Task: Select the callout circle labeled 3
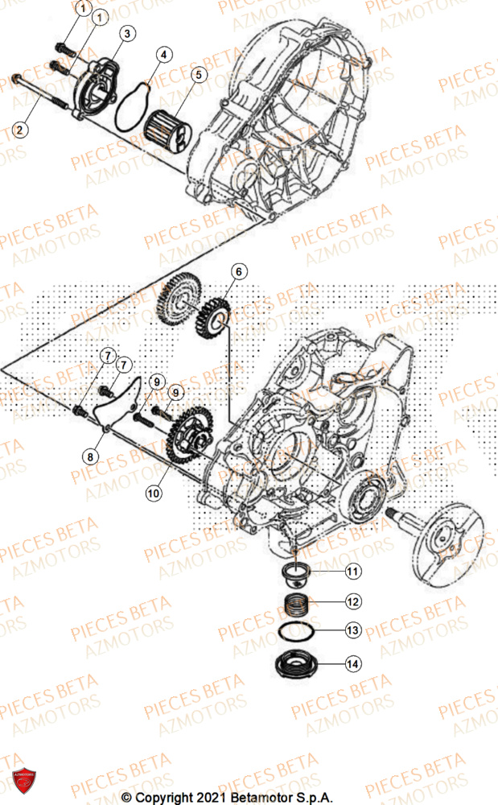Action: [127, 33]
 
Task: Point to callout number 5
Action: [195, 74]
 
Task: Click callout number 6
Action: [241, 271]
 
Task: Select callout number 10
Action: [153, 491]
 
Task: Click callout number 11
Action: [352, 572]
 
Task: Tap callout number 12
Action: [352, 601]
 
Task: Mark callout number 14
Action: [352, 665]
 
